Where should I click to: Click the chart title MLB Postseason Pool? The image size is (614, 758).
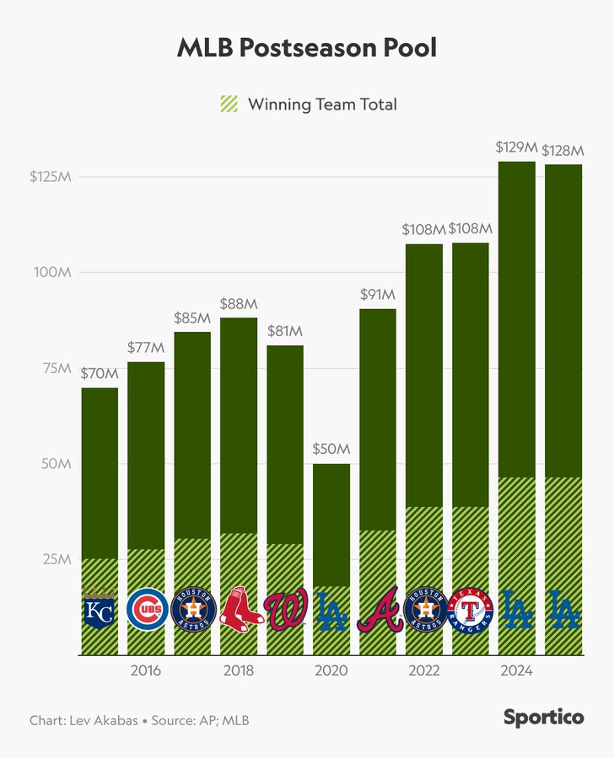click(307, 48)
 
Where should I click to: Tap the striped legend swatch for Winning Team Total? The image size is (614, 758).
click(229, 104)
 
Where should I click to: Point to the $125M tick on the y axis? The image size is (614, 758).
click(51, 177)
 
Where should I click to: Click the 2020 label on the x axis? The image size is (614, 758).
click(331, 671)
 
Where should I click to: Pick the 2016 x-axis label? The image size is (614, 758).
click(146, 671)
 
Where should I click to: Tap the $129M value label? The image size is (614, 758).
click(516, 148)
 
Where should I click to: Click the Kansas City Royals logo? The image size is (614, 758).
click(100, 610)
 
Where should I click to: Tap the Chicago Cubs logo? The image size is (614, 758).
click(146, 610)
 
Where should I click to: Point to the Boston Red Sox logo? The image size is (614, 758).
click(239, 610)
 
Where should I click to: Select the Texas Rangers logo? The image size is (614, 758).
click(470, 610)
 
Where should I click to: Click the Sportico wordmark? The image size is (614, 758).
click(543, 718)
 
